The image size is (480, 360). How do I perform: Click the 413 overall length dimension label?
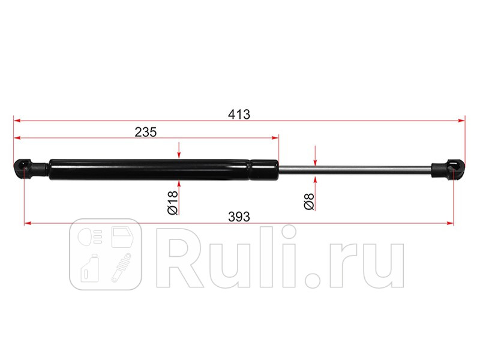pyautogui.click(x=239, y=114)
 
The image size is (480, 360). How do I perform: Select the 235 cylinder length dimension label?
pyautogui.click(x=146, y=132)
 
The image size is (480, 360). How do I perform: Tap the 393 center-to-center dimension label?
pyautogui.click(x=239, y=217)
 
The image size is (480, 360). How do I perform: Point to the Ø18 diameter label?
pyautogui.click(x=173, y=202)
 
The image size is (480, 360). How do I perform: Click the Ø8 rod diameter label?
pyautogui.click(x=309, y=202)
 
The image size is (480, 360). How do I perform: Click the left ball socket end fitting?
pyautogui.click(x=31, y=169)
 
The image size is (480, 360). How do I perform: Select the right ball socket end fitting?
pyautogui.click(x=448, y=169)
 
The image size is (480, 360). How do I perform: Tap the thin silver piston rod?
pyautogui.click(x=355, y=169)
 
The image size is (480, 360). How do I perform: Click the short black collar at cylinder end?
pyautogui.click(x=265, y=169)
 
